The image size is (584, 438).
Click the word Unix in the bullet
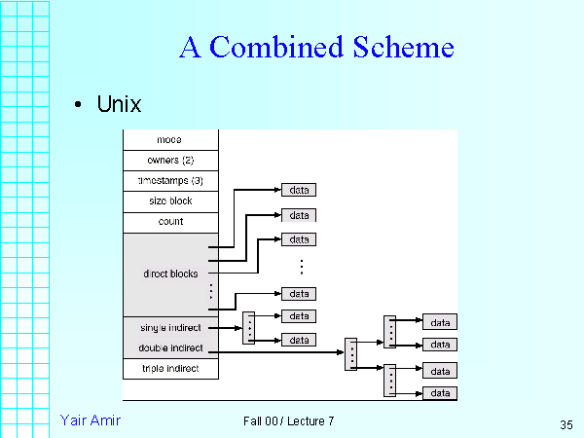(x=120, y=104)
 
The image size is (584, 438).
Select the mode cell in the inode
(x=169, y=140)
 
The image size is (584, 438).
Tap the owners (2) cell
(x=170, y=160)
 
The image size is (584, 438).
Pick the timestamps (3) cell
(x=170, y=181)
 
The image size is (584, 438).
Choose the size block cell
(x=170, y=201)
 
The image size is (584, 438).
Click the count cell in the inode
(x=170, y=222)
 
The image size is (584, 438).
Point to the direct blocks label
(x=170, y=274)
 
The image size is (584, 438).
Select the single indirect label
(x=169, y=328)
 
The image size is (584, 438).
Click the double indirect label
(x=169, y=348)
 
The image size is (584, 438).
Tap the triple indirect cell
(x=170, y=369)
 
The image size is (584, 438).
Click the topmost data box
(x=300, y=191)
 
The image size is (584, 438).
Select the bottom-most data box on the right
(x=441, y=393)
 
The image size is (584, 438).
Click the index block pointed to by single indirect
(x=249, y=328)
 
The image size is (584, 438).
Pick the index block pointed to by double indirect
(x=351, y=353)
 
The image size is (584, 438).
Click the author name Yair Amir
(x=90, y=420)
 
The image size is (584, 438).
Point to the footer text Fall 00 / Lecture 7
(x=289, y=420)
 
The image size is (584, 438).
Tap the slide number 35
(x=566, y=424)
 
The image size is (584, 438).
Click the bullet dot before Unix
(x=78, y=105)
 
